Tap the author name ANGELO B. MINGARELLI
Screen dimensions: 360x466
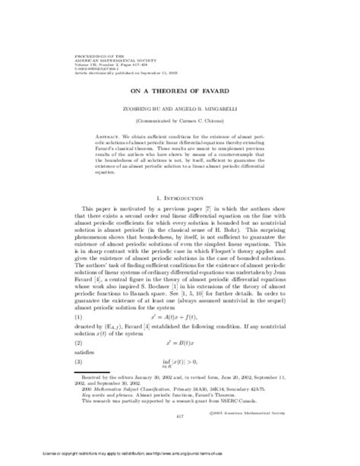(x=209, y=87)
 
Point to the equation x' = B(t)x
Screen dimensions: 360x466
(x=180, y=344)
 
